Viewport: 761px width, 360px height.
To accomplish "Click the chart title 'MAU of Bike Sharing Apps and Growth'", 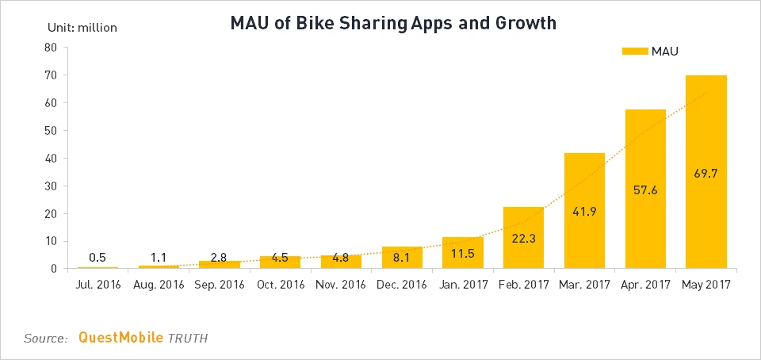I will [x=393, y=24].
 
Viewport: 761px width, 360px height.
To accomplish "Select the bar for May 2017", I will [x=706, y=171].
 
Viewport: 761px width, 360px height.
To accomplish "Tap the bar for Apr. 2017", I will [x=645, y=189].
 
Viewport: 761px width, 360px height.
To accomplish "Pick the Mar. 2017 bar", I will [x=584, y=210].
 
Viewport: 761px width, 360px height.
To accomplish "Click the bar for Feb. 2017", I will [x=523, y=238].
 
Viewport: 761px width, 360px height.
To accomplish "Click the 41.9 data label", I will [x=584, y=213].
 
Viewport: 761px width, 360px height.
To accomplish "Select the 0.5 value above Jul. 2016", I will [x=98, y=257].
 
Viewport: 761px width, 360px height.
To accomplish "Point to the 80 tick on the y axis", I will [x=50, y=48].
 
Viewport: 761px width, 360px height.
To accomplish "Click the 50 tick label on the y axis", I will [x=50, y=131].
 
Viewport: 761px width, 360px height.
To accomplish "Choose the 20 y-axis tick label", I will [x=50, y=214].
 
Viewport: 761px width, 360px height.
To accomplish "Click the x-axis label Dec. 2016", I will [x=401, y=284].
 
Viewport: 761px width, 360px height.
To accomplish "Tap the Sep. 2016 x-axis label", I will [x=219, y=284].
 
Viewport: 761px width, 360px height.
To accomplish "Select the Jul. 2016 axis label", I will [x=98, y=284].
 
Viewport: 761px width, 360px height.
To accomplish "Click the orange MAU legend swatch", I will [x=634, y=52].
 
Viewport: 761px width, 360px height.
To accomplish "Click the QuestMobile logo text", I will [x=120, y=338].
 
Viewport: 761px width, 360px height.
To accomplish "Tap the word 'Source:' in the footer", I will [x=46, y=339].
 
